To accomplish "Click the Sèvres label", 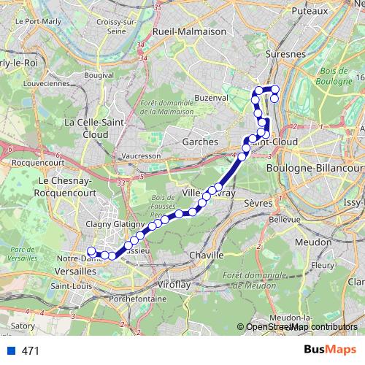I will (x=258, y=203).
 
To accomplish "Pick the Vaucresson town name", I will (x=142, y=156).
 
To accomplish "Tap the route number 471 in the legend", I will (x=30, y=351).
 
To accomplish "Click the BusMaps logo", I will (x=330, y=350).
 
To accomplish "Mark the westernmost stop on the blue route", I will (x=91, y=252).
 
